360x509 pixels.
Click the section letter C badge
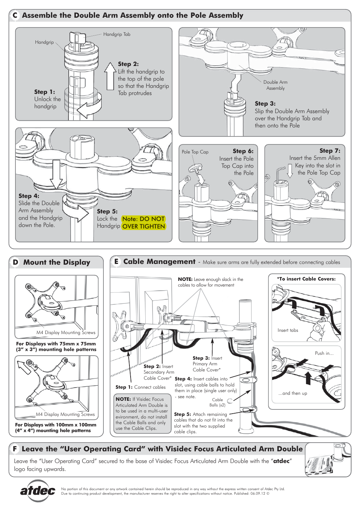click(x=15, y=15)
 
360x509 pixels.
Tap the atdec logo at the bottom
click(x=37, y=491)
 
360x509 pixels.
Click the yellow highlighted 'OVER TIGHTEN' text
click(x=144, y=226)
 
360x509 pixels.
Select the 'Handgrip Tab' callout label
click(x=117, y=34)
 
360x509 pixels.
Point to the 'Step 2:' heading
click(x=128, y=64)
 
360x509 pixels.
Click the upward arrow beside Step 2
click(x=110, y=76)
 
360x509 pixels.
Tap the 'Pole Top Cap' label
click(x=195, y=152)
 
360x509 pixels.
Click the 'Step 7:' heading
click(x=329, y=151)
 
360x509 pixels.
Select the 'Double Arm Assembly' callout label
click(x=275, y=85)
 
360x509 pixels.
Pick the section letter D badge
click(x=15, y=262)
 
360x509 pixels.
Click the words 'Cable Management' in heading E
click(x=159, y=262)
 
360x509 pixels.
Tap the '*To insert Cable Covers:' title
click(x=306, y=279)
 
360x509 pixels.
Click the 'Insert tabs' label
click(x=288, y=330)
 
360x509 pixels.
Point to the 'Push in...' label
click(x=324, y=353)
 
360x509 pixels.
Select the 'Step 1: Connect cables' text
click(x=140, y=387)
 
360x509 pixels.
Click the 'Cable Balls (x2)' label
click(x=217, y=402)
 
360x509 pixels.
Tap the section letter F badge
click(x=15, y=449)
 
